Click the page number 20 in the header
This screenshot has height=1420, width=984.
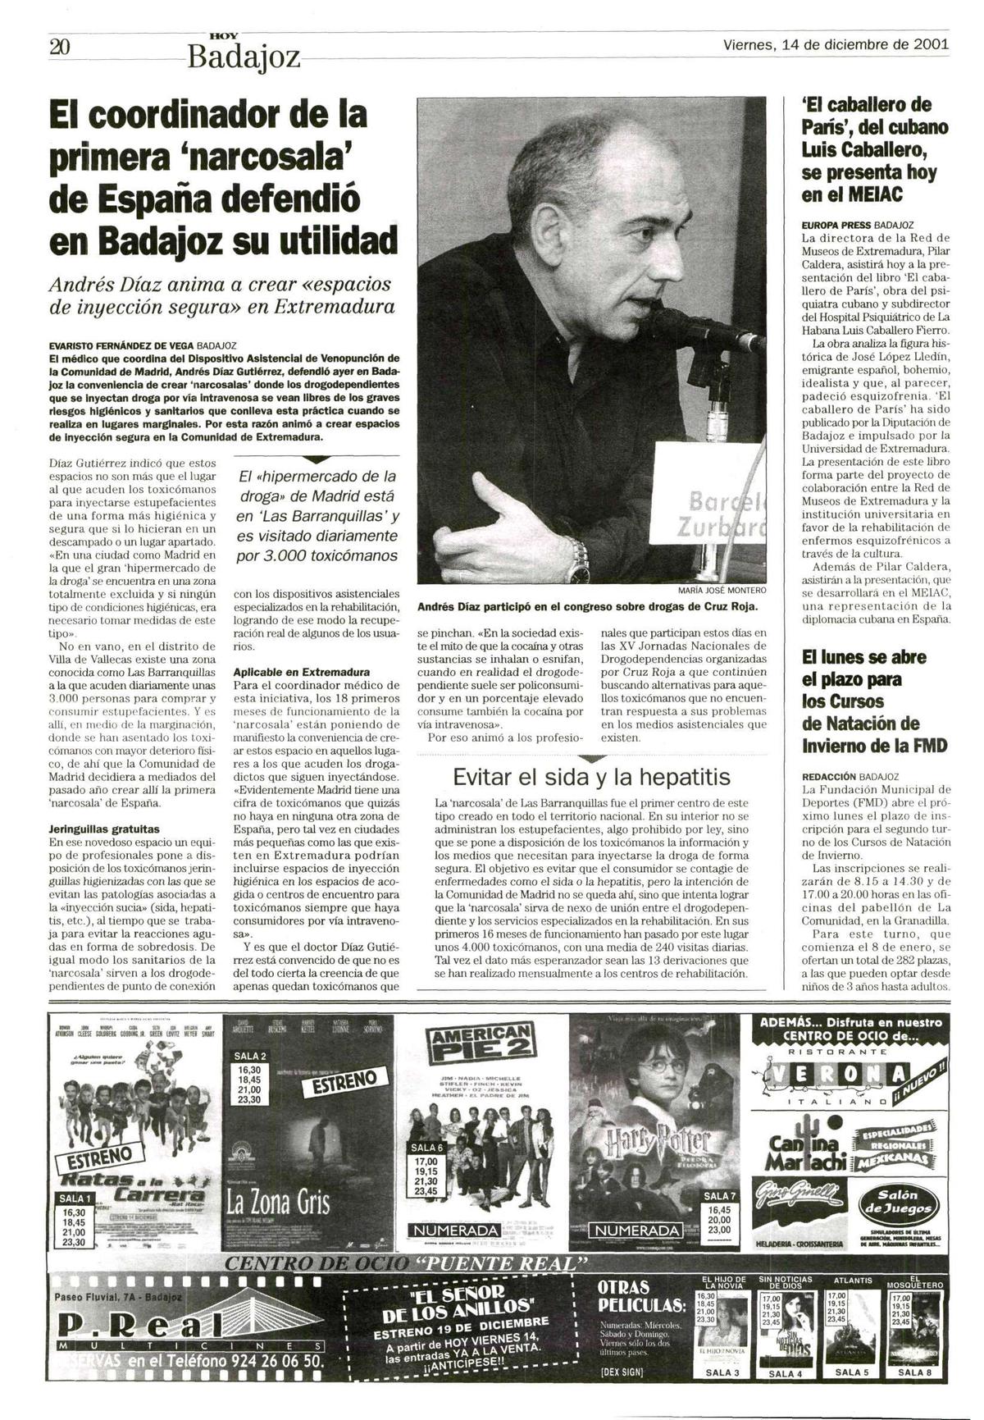point(60,47)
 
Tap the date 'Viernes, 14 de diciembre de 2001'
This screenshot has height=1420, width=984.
point(836,44)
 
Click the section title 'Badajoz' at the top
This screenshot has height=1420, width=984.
point(244,57)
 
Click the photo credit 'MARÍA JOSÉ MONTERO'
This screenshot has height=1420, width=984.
point(722,590)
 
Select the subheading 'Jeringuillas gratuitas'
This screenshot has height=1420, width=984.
point(104,829)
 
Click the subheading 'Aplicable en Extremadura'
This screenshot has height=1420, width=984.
point(301,671)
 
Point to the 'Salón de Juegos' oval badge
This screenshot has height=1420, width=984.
point(898,1201)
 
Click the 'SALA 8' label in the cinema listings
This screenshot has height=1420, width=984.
point(914,1394)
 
